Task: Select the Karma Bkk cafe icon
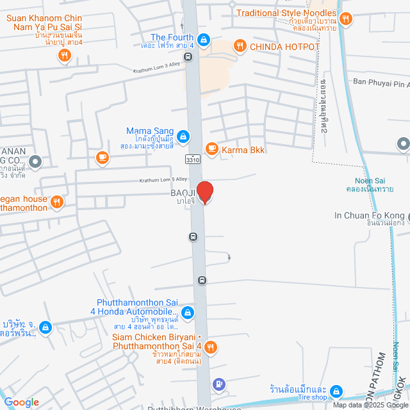pyautogui.click(x=211, y=149)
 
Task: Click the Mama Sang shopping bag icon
pyautogui.click(x=183, y=136)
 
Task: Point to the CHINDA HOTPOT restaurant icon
pyautogui.click(x=240, y=45)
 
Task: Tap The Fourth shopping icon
pyautogui.click(x=203, y=40)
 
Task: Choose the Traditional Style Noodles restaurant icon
pyautogui.click(x=346, y=19)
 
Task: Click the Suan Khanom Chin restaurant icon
pyautogui.click(x=64, y=56)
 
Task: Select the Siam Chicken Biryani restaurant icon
pyautogui.click(x=211, y=348)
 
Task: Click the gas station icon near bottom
pyautogui.click(x=219, y=384)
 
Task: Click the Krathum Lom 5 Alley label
pyautogui.click(x=163, y=180)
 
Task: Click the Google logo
pyautogui.click(x=22, y=402)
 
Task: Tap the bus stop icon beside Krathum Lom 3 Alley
pyautogui.click(x=188, y=56)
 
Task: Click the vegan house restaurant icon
pyautogui.click(x=57, y=202)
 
